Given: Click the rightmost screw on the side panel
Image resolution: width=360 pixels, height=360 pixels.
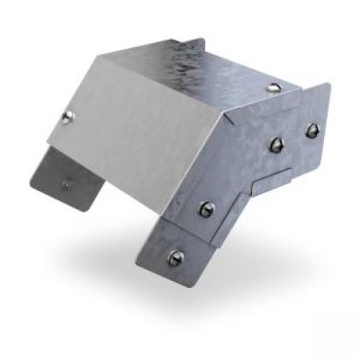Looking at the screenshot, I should click(312, 130).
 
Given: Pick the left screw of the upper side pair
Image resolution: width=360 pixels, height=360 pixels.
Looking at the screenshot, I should click(275, 145).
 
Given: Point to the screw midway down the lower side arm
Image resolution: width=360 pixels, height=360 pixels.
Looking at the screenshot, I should click(207, 210).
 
